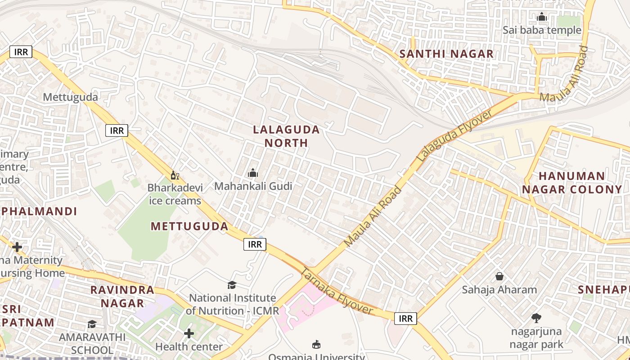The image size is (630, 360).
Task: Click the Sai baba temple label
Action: pyautogui.click(x=542, y=30)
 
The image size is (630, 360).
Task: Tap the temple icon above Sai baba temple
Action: pyautogui.click(x=542, y=18)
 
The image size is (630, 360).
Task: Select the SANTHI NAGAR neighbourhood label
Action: pyautogui.click(x=446, y=54)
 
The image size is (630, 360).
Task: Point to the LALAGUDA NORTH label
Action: pyautogui.click(x=286, y=136)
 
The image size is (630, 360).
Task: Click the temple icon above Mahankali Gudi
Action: pyautogui.click(x=253, y=173)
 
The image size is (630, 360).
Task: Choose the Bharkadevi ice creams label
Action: pyautogui.click(x=175, y=194)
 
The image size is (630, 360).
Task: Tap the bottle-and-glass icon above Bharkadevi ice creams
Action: pyautogui.click(x=175, y=175)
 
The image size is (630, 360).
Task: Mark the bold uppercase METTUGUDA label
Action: pyautogui.click(x=189, y=226)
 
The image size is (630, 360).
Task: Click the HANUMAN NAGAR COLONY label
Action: pyautogui.click(x=571, y=182)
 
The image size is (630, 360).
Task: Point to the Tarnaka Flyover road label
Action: pyautogui.click(x=337, y=292)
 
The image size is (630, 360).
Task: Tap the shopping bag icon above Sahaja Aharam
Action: pyautogui.click(x=499, y=276)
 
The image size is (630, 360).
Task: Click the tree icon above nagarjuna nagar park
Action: pyautogui.click(x=536, y=318)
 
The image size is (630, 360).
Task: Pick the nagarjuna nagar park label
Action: pyautogui.click(x=536, y=338)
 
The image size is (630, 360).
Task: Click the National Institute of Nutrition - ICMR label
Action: pyautogui.click(x=232, y=304)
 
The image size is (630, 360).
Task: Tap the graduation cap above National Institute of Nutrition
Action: pyautogui.click(x=232, y=285)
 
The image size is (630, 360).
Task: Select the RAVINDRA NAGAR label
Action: pyautogui.click(x=122, y=296)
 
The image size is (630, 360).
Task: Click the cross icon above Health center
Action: pyautogui.click(x=189, y=333)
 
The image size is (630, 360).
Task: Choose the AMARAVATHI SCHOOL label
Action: pyautogui.click(x=92, y=343)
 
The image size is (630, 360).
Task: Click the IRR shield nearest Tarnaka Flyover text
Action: pyautogui.click(x=405, y=319)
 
